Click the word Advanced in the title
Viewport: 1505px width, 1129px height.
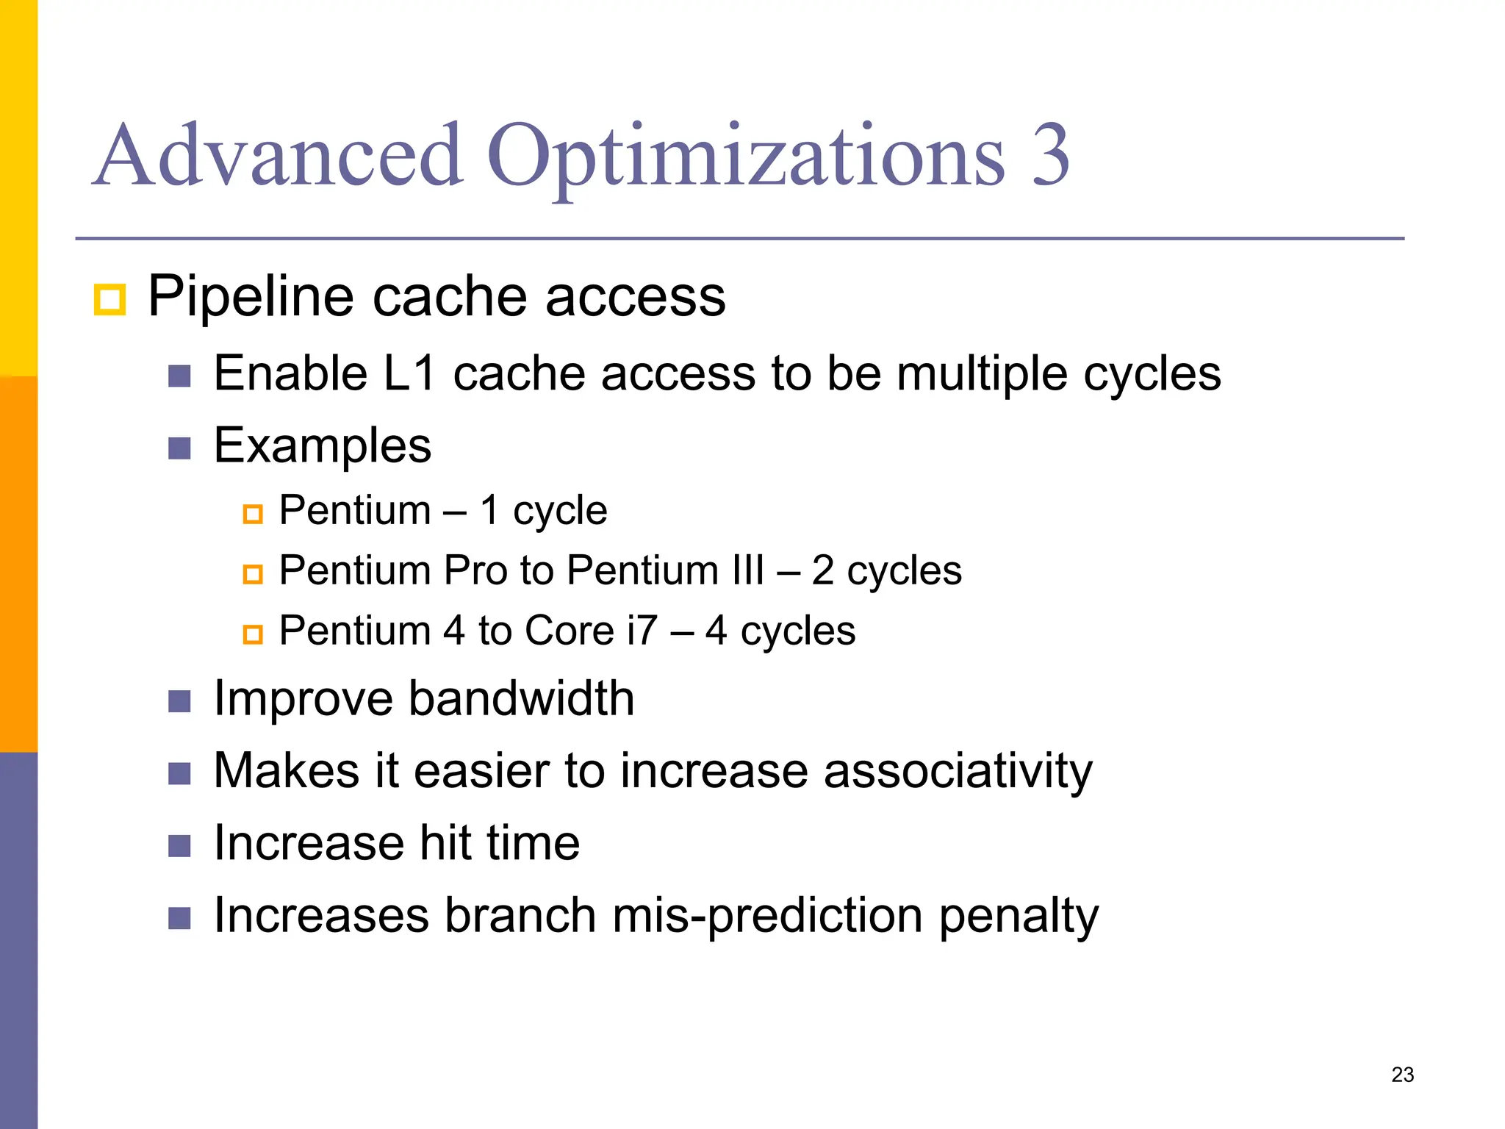coord(279,156)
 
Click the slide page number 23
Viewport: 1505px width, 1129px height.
coord(1402,1075)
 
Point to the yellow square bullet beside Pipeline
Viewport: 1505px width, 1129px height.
coord(109,300)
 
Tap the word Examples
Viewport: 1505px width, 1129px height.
coord(322,446)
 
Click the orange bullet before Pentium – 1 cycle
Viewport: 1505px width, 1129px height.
coord(253,513)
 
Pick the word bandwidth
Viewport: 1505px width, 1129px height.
coord(521,698)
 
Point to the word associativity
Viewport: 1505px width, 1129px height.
coord(958,772)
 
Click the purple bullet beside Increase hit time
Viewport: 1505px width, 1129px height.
coord(179,846)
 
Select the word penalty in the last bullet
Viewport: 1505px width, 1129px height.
coord(1019,917)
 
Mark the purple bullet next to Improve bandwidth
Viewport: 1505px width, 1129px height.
coord(179,701)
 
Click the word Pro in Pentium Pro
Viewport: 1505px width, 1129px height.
coord(475,570)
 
